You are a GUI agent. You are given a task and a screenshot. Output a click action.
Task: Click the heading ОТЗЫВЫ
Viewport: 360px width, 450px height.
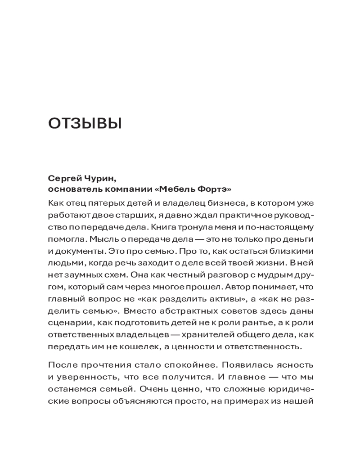click(85, 123)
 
